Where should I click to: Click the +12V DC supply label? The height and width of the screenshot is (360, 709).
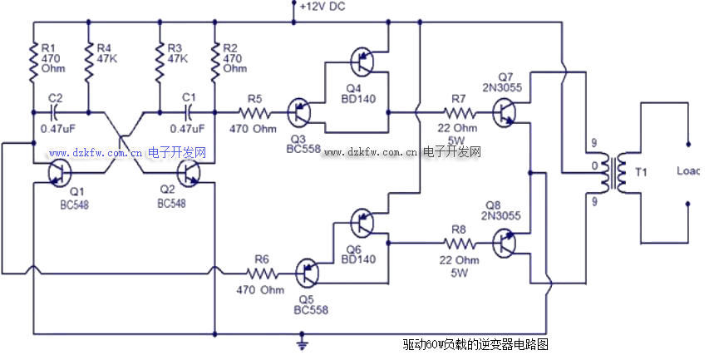(x=322, y=7)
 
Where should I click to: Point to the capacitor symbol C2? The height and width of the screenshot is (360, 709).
(x=56, y=110)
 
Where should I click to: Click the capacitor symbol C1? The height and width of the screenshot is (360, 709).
(x=189, y=110)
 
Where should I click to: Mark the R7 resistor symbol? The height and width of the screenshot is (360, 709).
(x=458, y=110)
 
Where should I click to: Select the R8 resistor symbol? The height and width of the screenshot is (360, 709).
(x=458, y=244)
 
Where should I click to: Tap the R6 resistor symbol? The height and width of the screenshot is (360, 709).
(x=260, y=271)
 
